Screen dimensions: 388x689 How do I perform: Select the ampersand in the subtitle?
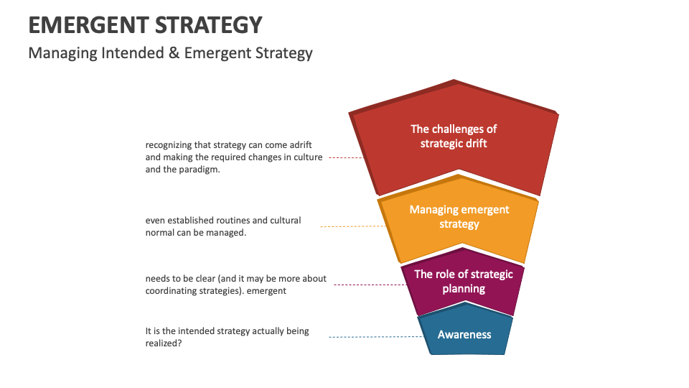point(174,53)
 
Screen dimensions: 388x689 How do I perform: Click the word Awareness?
point(464,334)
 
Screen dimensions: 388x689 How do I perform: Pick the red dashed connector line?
point(347,157)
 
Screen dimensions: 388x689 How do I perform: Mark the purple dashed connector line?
point(366,285)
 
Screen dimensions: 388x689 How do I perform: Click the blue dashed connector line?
point(373,337)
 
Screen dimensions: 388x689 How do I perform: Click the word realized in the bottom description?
point(162,343)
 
